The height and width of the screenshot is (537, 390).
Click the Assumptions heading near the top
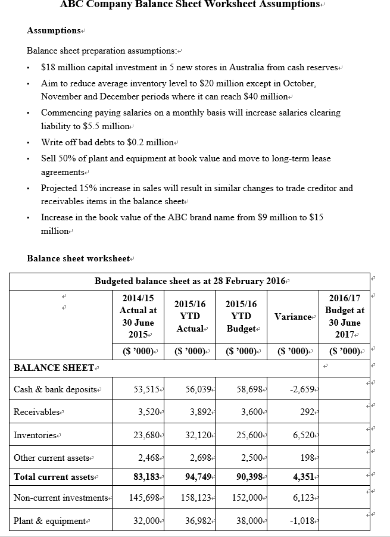click(x=54, y=30)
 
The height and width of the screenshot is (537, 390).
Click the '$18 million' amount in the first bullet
click(x=63, y=67)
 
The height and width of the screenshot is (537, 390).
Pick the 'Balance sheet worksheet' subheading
click(x=78, y=258)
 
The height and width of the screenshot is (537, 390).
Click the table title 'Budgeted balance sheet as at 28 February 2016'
click(x=191, y=281)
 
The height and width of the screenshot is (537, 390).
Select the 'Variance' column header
click(x=293, y=316)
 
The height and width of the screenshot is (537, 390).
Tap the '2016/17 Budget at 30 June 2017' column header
click(x=344, y=316)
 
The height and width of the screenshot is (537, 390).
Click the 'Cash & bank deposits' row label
click(x=55, y=389)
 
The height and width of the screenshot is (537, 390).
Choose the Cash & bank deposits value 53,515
click(x=145, y=389)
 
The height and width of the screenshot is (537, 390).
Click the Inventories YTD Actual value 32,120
click(x=198, y=435)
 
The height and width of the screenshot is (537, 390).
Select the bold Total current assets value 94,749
click(x=198, y=477)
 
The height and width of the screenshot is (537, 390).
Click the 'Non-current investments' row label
click(x=60, y=498)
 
